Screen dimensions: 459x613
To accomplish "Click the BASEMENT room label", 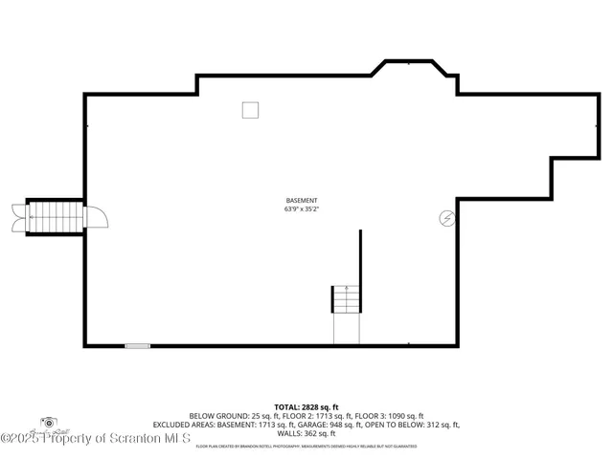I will tap(301, 200).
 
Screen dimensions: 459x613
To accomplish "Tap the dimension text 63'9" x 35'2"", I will tap(301, 208).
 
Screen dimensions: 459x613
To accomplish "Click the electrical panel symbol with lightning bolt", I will tap(446, 218).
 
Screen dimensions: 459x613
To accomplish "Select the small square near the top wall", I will tap(250, 110).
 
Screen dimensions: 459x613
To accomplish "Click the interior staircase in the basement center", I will tap(345, 300).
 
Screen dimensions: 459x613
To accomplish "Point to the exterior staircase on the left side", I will tap(56, 218).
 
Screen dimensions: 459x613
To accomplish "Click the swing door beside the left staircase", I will tap(97, 217).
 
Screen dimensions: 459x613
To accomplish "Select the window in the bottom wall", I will tap(138, 345).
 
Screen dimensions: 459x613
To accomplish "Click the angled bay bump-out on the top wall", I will tap(414, 71).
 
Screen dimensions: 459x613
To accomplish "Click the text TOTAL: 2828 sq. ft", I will tap(306, 406).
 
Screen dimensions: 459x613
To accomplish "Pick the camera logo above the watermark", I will tap(48, 423).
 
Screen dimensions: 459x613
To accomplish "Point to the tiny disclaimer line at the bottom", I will tap(306, 447).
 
